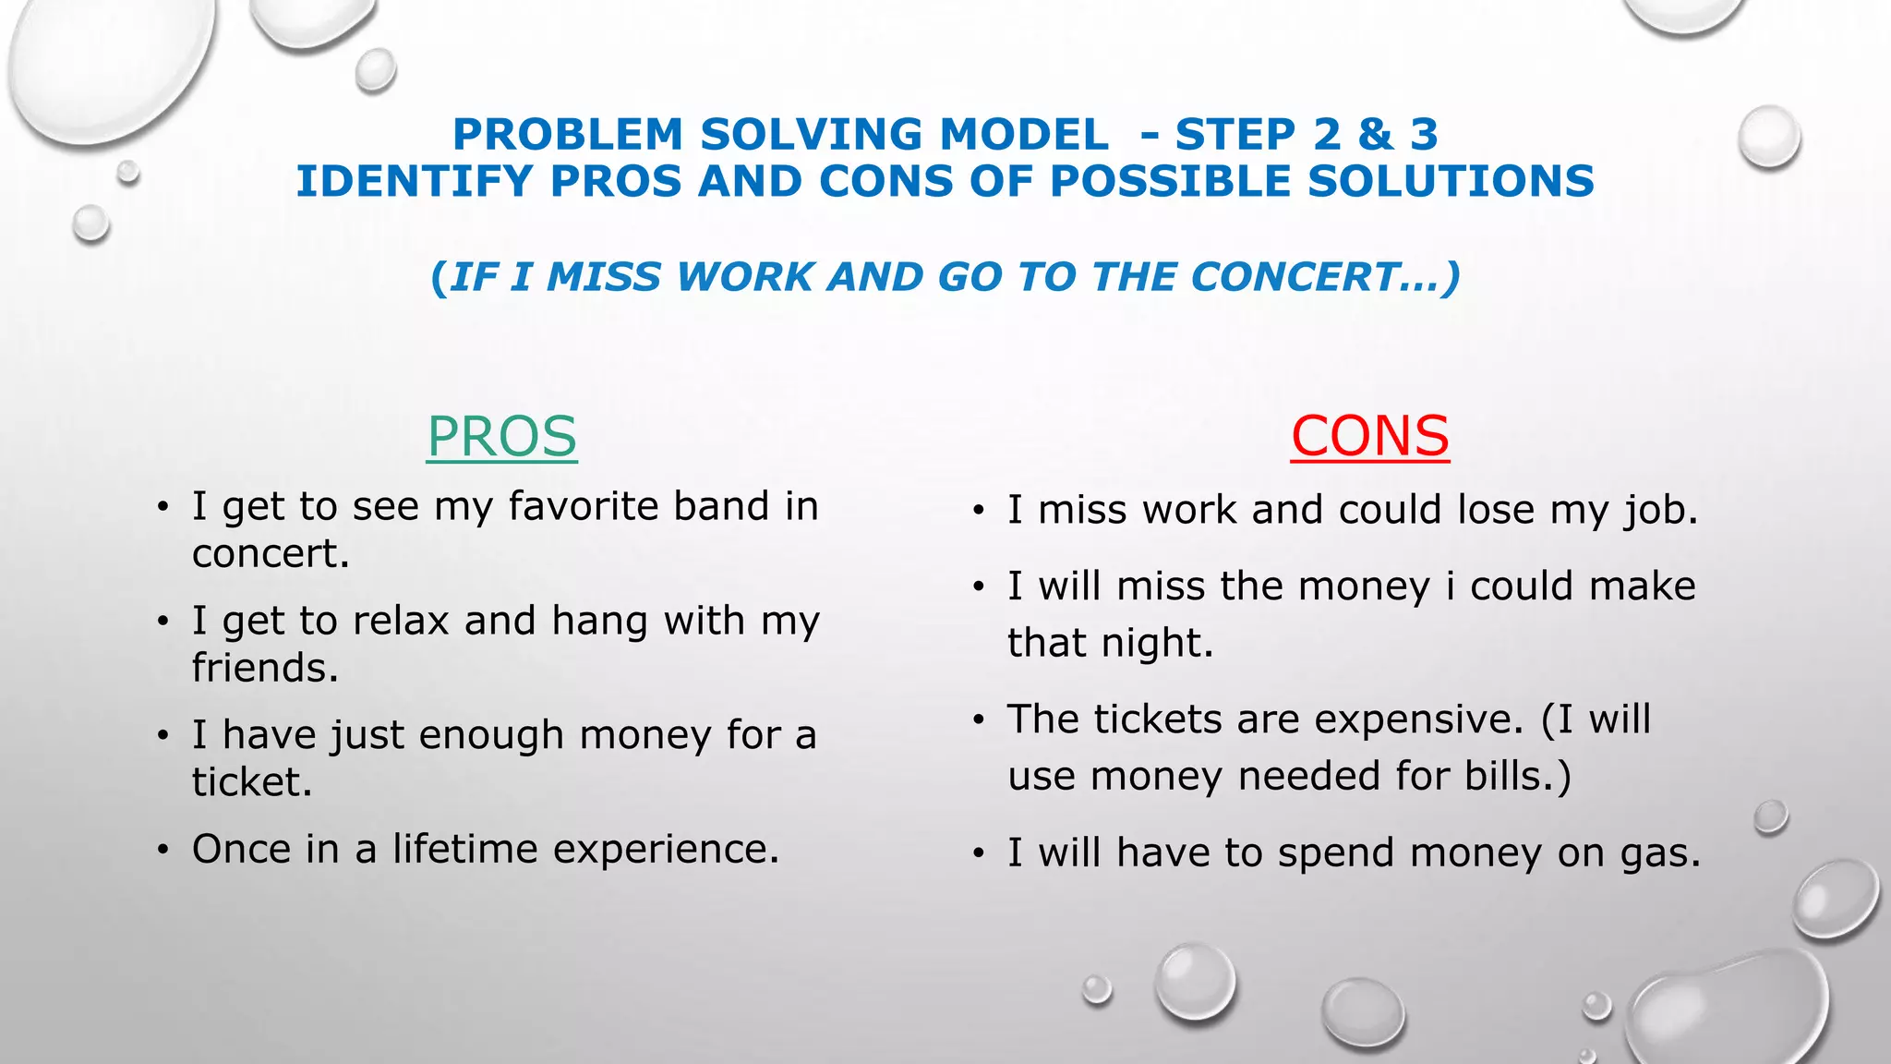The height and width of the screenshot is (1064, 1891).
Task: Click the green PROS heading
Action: [x=501, y=436]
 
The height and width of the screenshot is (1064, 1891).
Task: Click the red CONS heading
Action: [x=1369, y=436]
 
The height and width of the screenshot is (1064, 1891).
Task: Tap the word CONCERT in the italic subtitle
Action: [x=1293, y=277]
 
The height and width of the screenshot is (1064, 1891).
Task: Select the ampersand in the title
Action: [x=1375, y=135]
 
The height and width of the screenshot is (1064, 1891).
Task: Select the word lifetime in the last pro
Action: [x=464, y=849]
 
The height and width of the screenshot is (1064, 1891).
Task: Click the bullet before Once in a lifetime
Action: [x=163, y=850]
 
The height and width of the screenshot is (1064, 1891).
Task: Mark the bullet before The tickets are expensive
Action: [x=979, y=720]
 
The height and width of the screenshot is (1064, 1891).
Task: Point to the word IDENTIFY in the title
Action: [x=414, y=181]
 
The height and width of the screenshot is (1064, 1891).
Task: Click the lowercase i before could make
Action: [x=1451, y=586]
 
